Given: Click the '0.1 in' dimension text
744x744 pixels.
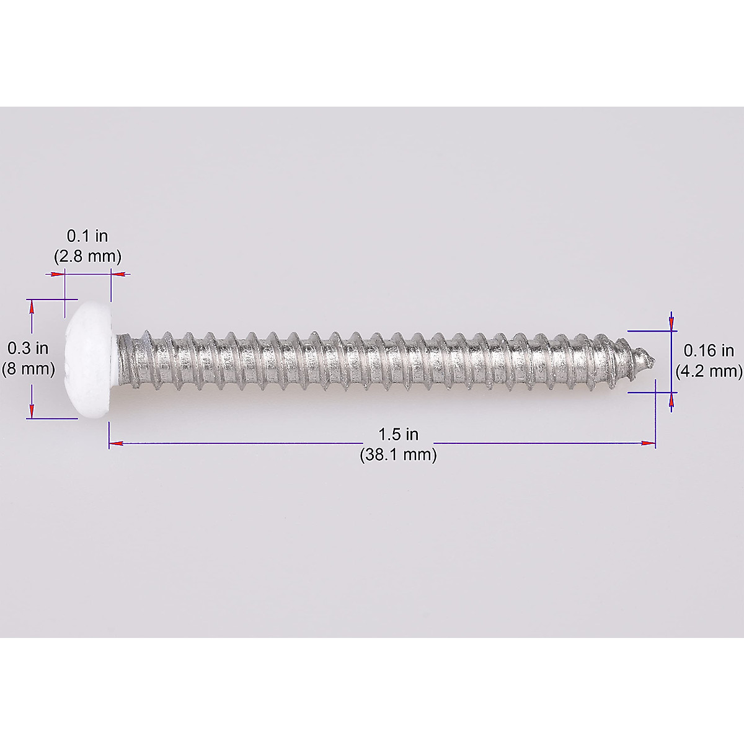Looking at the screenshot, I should click(87, 236).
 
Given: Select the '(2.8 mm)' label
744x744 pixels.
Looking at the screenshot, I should click(87, 256).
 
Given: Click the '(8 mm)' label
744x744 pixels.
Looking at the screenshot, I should click(28, 369).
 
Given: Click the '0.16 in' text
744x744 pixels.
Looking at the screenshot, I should click(709, 351).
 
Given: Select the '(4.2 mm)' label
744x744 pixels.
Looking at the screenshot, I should click(709, 371).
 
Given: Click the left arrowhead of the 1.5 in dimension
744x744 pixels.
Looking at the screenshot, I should click(115, 443).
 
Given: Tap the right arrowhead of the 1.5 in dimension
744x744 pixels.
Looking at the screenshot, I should click(649, 443).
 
